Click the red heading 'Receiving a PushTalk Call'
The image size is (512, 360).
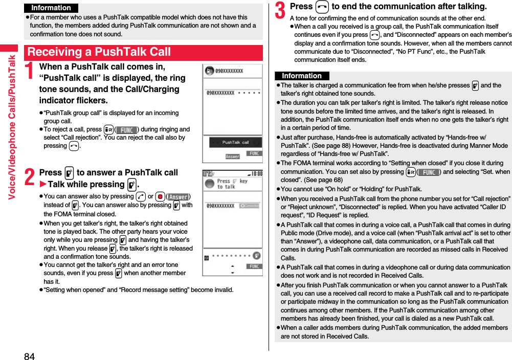pos(99,52)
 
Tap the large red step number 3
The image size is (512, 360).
pos(281,9)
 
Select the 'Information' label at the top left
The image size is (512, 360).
pos(51,8)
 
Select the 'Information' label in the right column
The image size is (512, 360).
pos(302,76)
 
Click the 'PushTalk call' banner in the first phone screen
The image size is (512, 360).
pos(235,142)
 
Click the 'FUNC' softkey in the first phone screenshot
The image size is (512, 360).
pos(254,153)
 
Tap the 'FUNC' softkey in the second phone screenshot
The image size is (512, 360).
pos(254,266)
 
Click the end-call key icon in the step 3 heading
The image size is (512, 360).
pos(322,7)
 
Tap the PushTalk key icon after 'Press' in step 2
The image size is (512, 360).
pos(69,173)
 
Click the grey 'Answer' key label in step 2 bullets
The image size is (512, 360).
pos(178,197)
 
